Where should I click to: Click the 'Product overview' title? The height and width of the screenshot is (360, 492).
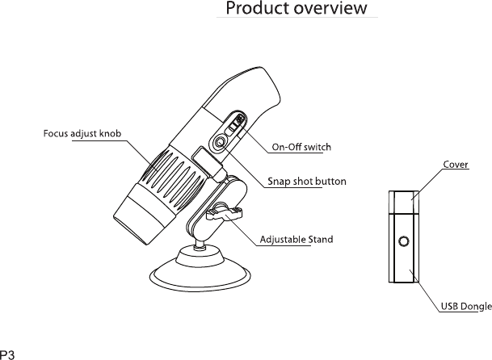tap(296, 10)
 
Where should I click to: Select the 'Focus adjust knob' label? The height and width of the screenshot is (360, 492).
tap(83, 132)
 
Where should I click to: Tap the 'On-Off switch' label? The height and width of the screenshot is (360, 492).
tap(301, 147)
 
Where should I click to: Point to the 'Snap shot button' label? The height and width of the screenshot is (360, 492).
tap(306, 182)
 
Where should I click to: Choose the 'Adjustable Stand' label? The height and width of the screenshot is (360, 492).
tap(296, 240)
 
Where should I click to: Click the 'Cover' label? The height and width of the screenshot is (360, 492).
tap(456, 165)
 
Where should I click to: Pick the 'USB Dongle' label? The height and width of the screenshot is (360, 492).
tap(466, 307)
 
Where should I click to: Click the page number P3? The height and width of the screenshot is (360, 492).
tap(10, 353)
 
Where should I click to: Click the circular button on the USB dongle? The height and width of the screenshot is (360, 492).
tap(403, 241)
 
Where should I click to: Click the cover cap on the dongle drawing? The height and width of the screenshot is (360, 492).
tap(403, 199)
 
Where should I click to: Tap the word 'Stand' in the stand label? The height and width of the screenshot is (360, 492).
tap(322, 240)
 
